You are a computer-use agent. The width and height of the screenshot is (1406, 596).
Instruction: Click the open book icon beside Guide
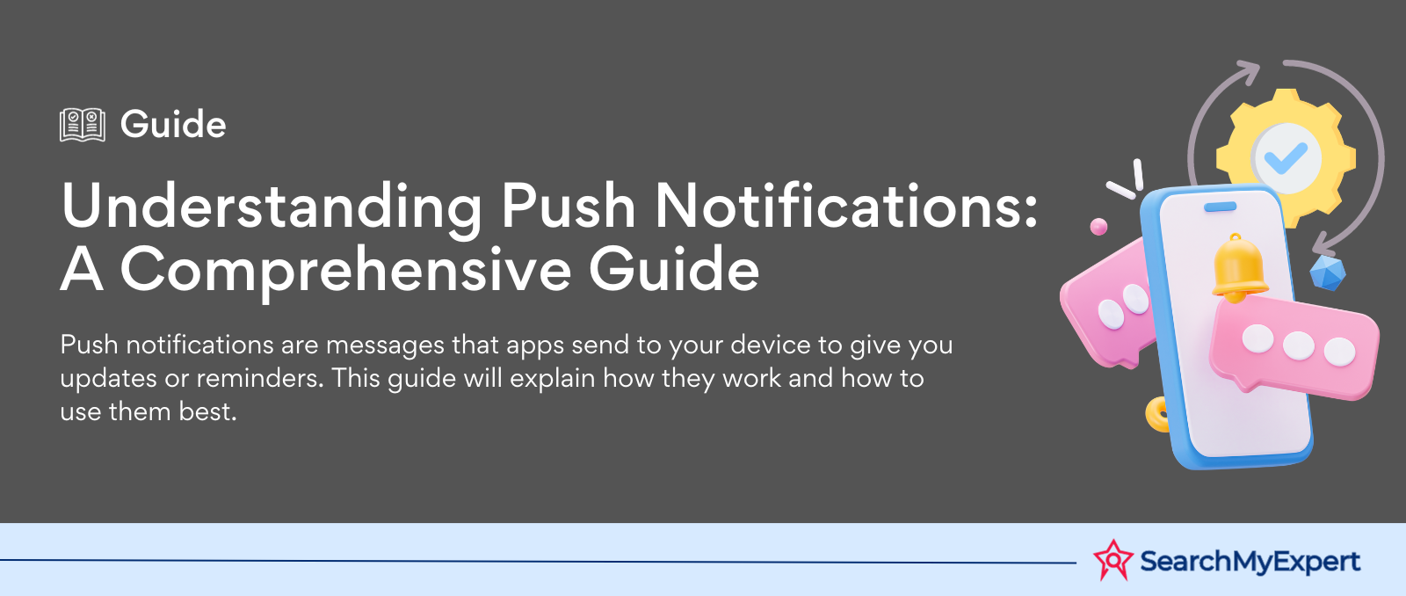pos(83,124)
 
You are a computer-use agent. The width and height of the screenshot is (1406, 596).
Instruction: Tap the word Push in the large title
pos(568,206)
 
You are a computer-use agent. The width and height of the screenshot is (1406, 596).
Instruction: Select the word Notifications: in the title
pos(845,206)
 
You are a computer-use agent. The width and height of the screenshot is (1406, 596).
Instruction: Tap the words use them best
pos(149,411)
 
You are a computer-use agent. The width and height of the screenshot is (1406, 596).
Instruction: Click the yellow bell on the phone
pos(1238,268)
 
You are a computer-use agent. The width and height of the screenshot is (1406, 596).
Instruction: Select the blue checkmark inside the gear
pos(1286,158)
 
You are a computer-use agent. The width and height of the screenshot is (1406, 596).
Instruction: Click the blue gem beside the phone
pos(1328,273)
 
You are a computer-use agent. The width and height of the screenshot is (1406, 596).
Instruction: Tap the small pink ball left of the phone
pos(1098,227)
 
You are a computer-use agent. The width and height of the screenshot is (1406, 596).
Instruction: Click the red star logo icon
pos(1113,560)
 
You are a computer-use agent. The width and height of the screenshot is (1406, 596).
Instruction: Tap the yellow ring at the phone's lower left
pos(1156,415)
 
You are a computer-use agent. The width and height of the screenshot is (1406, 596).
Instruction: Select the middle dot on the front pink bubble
pos(1298,345)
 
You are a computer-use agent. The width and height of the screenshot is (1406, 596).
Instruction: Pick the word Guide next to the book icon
pos(173,124)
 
